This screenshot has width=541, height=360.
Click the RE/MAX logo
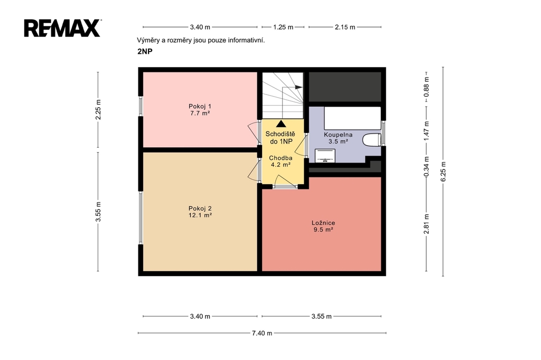click(62, 28)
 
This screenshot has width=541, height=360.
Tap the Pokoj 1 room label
click(200, 106)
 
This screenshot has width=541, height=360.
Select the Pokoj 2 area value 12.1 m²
click(200, 215)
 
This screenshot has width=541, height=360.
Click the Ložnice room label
click(323, 223)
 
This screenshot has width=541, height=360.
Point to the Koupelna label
click(338, 135)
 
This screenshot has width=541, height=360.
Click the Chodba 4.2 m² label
click(281, 162)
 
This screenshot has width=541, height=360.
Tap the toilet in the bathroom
click(371, 140)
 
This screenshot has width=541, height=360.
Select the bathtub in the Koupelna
click(352, 118)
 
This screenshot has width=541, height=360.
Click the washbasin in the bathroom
click(325, 156)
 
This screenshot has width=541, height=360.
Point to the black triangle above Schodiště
click(281, 124)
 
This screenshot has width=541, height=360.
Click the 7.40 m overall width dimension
click(262, 333)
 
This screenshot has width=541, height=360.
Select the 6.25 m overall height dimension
click(443, 172)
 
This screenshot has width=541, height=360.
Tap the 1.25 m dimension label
click(283, 27)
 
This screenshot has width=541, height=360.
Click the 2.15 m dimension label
click(344, 27)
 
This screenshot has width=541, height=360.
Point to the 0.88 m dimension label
click(427, 87)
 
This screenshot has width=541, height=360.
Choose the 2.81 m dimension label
click(427, 224)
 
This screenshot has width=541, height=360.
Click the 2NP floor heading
click(145, 52)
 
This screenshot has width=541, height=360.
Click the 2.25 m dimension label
click(98, 109)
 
